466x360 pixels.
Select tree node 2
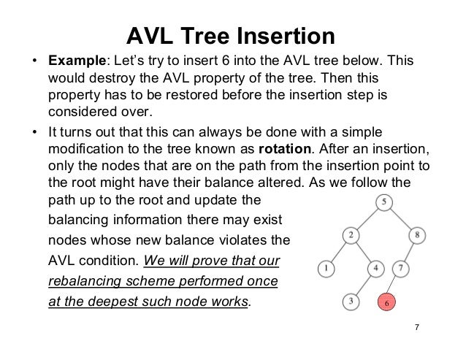coord(351,235)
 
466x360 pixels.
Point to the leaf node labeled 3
coord(351,300)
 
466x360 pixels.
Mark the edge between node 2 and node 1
coord(339,251)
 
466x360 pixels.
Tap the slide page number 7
coord(416,326)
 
